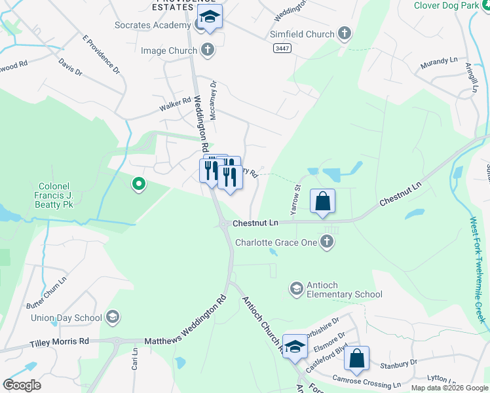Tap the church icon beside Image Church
pos(207,50)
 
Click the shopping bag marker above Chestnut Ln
pos(323,202)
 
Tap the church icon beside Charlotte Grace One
pos(327,242)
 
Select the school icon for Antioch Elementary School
pos(296,288)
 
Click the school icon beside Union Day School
pos(112,318)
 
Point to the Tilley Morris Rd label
pos(60,342)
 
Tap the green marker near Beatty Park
pos(138,186)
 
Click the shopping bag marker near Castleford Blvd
pos(356,359)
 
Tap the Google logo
pos(22,385)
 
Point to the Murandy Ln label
pos(440,64)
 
